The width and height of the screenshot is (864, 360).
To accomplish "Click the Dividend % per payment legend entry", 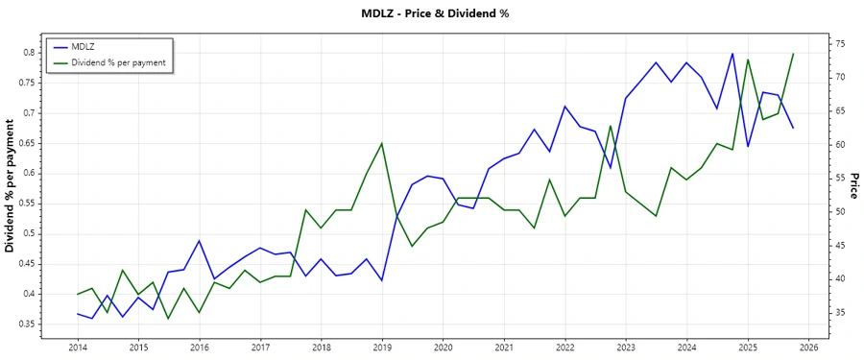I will [118, 62].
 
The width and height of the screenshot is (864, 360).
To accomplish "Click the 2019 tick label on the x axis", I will [382, 347].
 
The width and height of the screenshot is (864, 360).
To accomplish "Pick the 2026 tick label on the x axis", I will [808, 347].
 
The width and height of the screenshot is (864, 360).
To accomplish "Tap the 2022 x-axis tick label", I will [564, 347].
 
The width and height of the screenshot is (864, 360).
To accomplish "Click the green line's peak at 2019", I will [382, 143].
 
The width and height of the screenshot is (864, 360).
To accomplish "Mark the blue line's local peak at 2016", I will [199, 241].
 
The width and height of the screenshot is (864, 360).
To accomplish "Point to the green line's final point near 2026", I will [793, 54].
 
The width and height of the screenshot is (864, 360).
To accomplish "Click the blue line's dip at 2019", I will [382, 280].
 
